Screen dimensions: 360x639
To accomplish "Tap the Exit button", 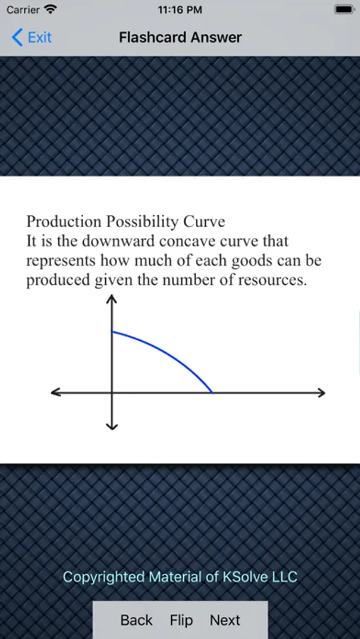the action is pyautogui.click(x=32, y=38).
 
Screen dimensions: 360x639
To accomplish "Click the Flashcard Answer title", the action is pyautogui.click(x=180, y=38).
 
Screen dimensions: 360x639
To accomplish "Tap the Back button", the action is pyautogui.click(x=136, y=620).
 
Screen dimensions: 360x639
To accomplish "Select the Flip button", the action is pyautogui.click(x=181, y=621).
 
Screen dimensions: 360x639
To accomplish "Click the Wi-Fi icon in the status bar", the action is pyautogui.click(x=50, y=9).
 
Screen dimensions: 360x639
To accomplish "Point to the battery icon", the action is pyautogui.click(x=344, y=9).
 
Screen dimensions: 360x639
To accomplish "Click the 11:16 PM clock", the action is pyautogui.click(x=180, y=10).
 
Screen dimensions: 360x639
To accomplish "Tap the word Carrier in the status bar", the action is pyautogui.click(x=23, y=10).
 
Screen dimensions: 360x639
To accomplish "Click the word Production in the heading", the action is pyautogui.click(x=64, y=222).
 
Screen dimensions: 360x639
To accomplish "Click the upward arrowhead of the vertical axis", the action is pyautogui.click(x=111, y=299).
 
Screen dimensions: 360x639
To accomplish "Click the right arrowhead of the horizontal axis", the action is pyautogui.click(x=321, y=393).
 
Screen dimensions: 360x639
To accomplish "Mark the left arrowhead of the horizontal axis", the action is pyautogui.click(x=55, y=393).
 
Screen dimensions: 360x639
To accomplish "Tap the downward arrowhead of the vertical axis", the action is pyautogui.click(x=111, y=426).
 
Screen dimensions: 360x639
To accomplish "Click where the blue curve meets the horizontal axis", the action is pyautogui.click(x=212, y=393).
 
